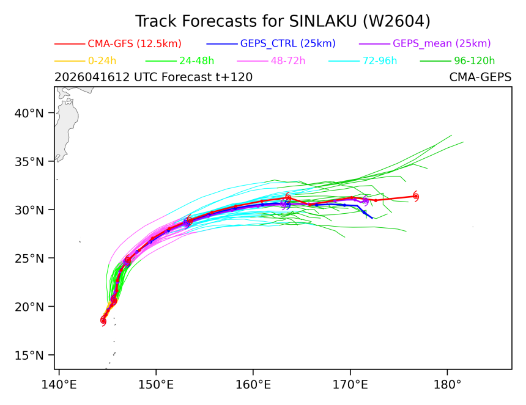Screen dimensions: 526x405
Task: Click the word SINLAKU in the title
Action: tap(323, 21)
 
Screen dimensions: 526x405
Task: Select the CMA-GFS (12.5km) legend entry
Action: tap(118, 43)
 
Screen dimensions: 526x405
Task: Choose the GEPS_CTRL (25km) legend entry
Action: tap(271, 43)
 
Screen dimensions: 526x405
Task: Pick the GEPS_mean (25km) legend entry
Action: tap(424, 43)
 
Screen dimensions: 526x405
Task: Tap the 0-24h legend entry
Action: tap(85, 61)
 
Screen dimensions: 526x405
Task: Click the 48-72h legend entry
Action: tap(271, 61)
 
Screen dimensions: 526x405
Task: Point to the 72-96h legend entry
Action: tap(363, 61)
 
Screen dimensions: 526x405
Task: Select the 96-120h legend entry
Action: tap(457, 61)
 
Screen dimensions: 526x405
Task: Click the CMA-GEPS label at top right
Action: tap(480, 77)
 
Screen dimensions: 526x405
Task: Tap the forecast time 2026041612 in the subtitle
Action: tap(92, 77)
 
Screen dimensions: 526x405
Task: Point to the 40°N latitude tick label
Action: tap(29, 113)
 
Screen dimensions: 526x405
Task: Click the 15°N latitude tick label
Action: tap(29, 355)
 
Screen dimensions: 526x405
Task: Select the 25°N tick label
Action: tap(29, 258)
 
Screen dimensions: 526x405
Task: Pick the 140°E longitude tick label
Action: tap(59, 385)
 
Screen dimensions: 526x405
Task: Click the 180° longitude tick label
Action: tap(447, 385)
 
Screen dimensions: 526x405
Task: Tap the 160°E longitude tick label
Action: tap(253, 385)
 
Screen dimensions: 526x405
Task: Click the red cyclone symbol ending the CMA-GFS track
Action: tap(416, 196)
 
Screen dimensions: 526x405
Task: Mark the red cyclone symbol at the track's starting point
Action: tap(103, 321)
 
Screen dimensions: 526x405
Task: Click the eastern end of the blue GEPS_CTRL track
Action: tap(372, 219)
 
